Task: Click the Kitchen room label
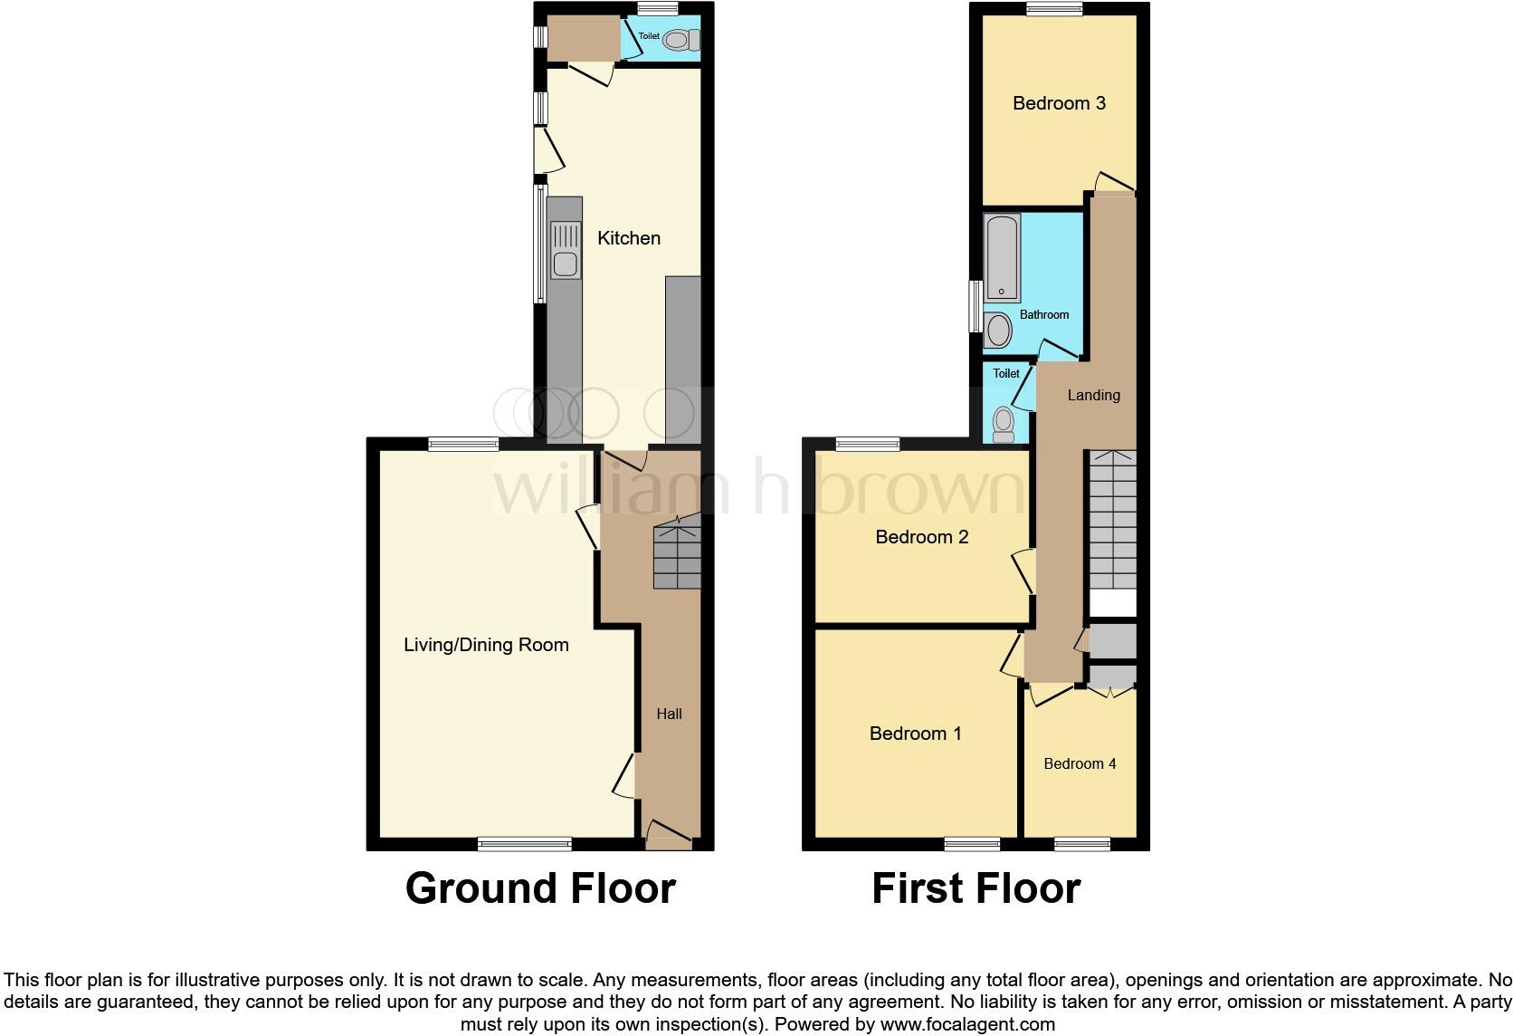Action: coord(628,238)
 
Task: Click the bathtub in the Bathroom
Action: coord(1002,257)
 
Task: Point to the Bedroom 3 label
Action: coord(1059,103)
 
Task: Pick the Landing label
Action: coord(1093,395)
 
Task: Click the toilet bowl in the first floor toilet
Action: coord(1003,423)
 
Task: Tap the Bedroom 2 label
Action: coord(921,537)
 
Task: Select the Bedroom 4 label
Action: coord(1080,763)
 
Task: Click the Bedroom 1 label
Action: coord(915,734)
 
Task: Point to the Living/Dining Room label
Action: coord(486,645)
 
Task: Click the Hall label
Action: coord(669,714)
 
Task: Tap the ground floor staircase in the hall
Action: coord(677,558)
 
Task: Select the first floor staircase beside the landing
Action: coord(1112,521)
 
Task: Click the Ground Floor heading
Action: coord(540,888)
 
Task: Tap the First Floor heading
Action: coord(975,888)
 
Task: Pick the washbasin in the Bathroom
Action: coord(998,331)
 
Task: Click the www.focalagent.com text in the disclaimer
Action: coord(967,1025)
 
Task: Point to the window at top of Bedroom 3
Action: coord(1055,9)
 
